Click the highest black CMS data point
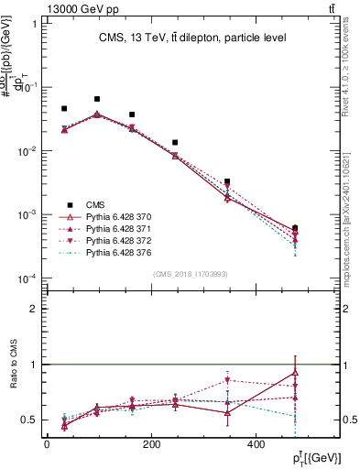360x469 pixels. pyautogui.click(x=97, y=99)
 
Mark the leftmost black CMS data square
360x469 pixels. pyautogui.click(x=64, y=108)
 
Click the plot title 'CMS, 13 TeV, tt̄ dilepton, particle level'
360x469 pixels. pyautogui.click(x=192, y=38)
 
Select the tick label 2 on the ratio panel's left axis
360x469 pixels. pyautogui.click(x=34, y=309)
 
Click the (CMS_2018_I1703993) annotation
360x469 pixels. pyautogui.click(x=191, y=273)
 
